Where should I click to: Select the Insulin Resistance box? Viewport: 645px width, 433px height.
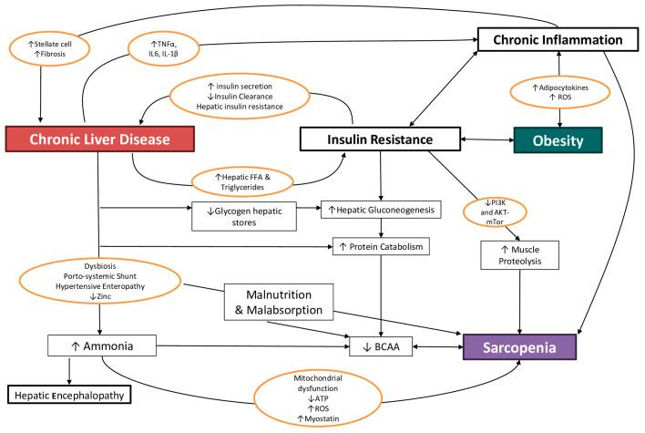(379, 140)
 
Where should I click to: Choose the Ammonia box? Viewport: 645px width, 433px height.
(91, 346)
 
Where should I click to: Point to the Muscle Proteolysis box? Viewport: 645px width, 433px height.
(520, 256)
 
